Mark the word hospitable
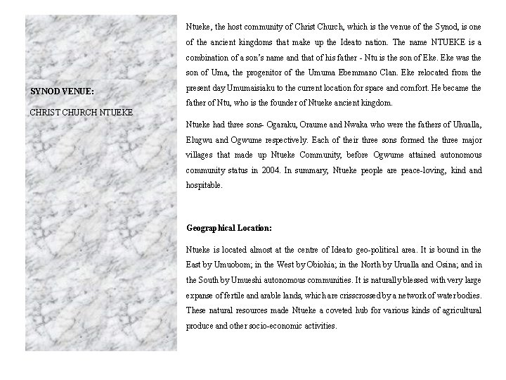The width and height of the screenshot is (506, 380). pos(204,186)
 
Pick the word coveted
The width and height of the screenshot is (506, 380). pos(334,311)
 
